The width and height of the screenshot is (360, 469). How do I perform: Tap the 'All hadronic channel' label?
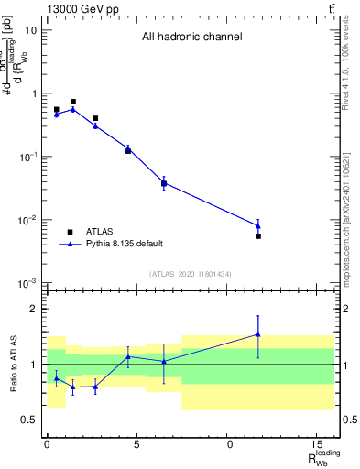click(x=191, y=38)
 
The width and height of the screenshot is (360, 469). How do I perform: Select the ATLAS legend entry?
click(x=100, y=232)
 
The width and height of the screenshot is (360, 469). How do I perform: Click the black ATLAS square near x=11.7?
click(x=258, y=236)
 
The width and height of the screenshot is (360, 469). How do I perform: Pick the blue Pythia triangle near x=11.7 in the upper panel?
click(x=258, y=225)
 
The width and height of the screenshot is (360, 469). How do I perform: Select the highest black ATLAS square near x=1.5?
click(x=73, y=102)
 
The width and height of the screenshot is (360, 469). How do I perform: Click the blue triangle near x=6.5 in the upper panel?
click(x=164, y=182)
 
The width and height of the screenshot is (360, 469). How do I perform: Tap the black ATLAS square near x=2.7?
click(x=95, y=118)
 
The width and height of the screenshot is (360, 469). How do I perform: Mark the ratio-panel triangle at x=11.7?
click(x=258, y=334)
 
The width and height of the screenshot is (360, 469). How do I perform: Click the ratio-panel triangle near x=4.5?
click(x=128, y=356)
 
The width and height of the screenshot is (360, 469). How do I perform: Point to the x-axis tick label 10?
click(x=226, y=443)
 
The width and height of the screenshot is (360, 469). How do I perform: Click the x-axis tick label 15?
click(x=316, y=443)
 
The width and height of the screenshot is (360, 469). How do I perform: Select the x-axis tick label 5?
click(x=136, y=443)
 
